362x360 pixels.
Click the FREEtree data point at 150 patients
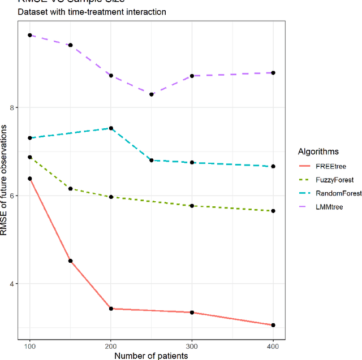pos(70,261)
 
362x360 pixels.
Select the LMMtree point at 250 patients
pos(152,94)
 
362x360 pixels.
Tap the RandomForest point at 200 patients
pos(111,128)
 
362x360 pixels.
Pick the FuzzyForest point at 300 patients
pos(192,206)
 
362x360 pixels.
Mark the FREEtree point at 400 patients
pos(273,325)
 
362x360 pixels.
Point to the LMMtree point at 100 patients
pos(30,35)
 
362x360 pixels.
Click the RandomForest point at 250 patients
pos(152,161)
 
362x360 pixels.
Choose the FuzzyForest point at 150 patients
pos(70,188)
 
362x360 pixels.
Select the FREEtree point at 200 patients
pos(111,309)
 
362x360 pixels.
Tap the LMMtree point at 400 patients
pos(273,73)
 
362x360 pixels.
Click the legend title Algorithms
pos(318,151)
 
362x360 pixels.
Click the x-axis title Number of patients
pos(151,355)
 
